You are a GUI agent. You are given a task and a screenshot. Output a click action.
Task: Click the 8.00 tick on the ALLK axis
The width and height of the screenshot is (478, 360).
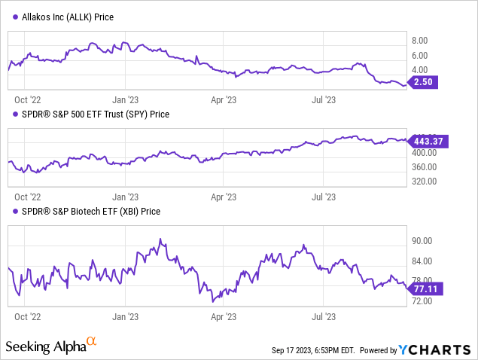coord(420,41)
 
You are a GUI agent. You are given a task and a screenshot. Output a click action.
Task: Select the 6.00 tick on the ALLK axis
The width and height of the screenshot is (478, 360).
coord(420,56)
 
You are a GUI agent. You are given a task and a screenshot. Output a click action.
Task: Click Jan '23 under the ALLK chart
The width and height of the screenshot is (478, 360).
coord(124,98)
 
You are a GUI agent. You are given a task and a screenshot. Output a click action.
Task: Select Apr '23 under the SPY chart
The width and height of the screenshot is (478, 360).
coord(225,196)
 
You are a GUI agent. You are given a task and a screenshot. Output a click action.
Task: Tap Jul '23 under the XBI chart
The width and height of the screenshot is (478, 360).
coord(324,317)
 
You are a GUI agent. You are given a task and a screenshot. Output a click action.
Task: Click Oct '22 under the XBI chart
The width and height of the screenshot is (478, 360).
coord(28,317)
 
